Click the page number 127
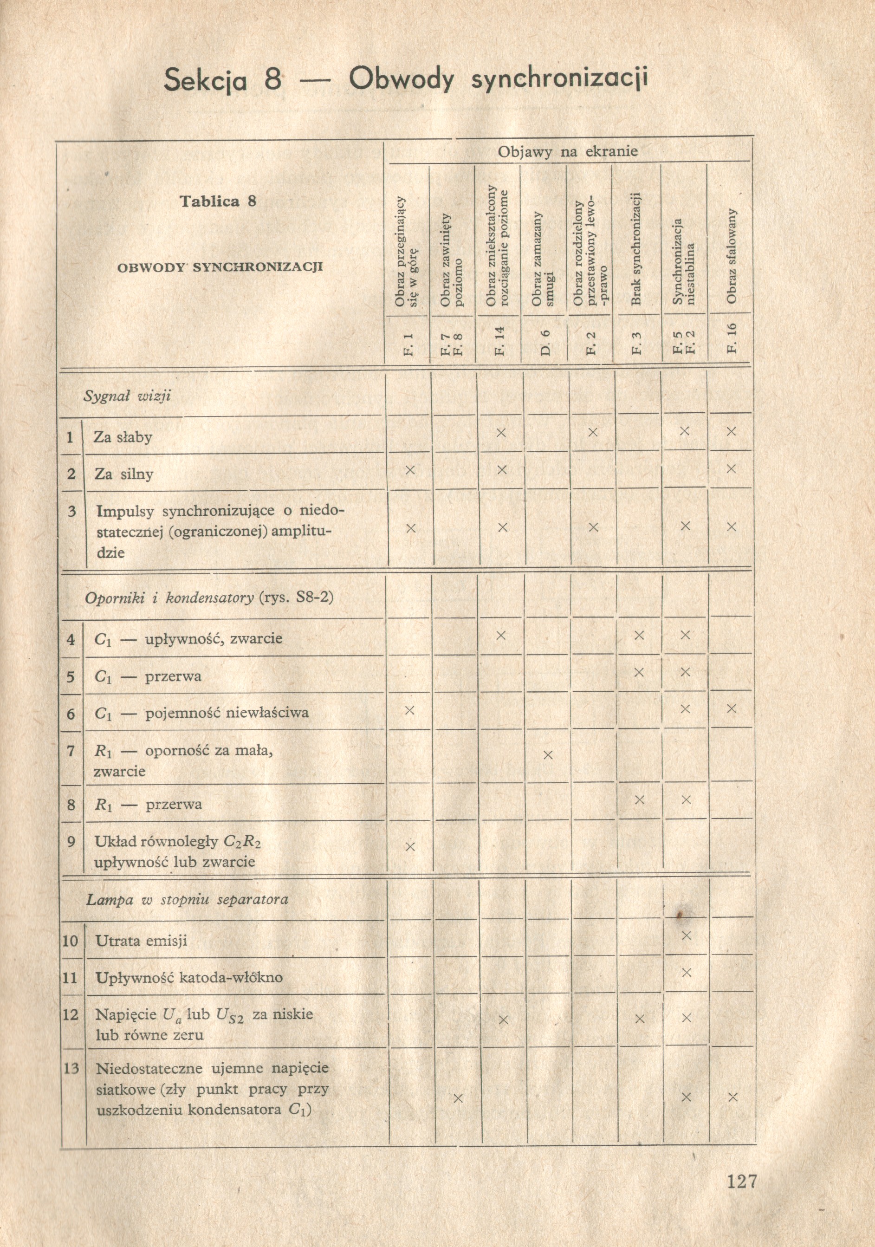click(741, 1181)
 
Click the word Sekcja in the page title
click(206, 80)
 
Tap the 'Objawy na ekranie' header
click(568, 151)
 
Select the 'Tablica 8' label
click(218, 201)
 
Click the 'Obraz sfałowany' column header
click(731, 256)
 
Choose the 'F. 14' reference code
click(499, 341)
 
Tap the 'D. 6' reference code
click(545, 343)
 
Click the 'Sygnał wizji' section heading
click(127, 396)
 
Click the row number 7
click(71, 751)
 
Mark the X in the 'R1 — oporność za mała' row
click(547, 754)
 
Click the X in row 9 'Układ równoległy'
click(410, 847)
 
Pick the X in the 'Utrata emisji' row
click(686, 935)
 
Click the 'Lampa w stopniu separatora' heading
click(188, 899)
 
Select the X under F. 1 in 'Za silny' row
click(410, 470)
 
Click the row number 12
click(71, 1014)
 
